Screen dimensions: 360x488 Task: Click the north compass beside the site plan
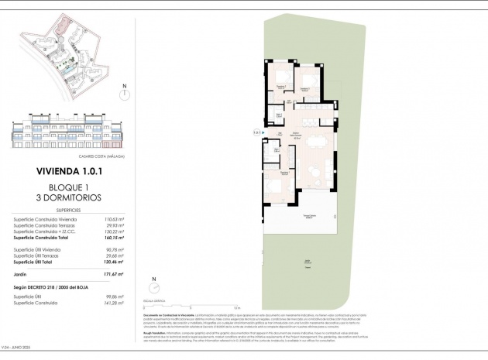(124, 94)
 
